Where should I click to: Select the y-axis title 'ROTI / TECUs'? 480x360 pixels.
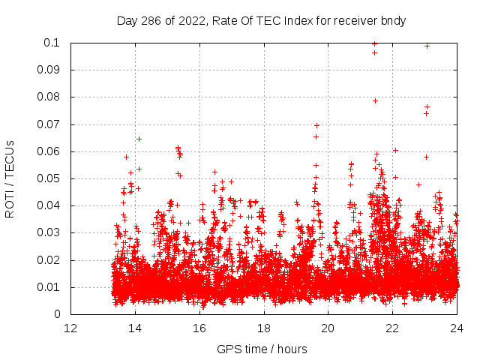pyautogui.click(x=10, y=178)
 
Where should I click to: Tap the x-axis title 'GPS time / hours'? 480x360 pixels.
pyautogui.click(x=262, y=349)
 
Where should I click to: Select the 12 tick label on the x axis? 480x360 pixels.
pyautogui.click(x=70, y=328)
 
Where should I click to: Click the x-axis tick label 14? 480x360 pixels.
pyautogui.click(x=135, y=328)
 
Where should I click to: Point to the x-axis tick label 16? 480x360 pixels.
pyautogui.click(x=199, y=328)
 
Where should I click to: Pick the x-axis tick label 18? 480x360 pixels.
pyautogui.click(x=264, y=328)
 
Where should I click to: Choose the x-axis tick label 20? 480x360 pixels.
pyautogui.click(x=328, y=328)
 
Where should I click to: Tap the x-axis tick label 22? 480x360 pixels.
pyautogui.click(x=393, y=328)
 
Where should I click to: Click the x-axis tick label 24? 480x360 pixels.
pyautogui.click(x=457, y=328)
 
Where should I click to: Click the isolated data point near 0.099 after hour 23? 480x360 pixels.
pyautogui.click(x=427, y=46)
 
